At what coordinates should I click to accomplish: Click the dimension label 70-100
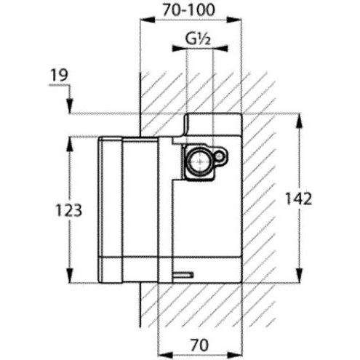click(x=188, y=10)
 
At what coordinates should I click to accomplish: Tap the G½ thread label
click(x=198, y=39)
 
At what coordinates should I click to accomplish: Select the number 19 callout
click(x=60, y=75)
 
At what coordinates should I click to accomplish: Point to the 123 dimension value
click(x=69, y=209)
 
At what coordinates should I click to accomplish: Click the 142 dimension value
click(x=298, y=199)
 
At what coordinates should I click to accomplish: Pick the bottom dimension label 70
click(x=199, y=345)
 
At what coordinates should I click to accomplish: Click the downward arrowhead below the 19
click(x=70, y=105)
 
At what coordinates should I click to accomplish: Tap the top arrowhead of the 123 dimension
click(x=70, y=145)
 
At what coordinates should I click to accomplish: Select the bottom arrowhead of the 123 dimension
click(x=70, y=275)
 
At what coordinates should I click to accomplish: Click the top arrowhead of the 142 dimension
click(x=300, y=121)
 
